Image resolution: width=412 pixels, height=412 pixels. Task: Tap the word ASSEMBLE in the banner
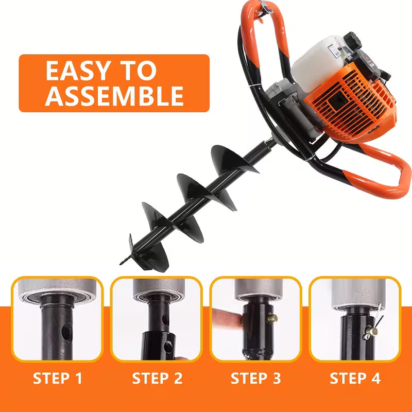[114, 96]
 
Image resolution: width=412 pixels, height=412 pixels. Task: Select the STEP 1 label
[58, 379]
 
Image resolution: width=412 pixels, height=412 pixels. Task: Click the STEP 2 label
[157, 379]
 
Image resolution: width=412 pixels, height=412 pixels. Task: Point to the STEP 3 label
[255, 379]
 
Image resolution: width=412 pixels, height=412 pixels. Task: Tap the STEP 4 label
[355, 379]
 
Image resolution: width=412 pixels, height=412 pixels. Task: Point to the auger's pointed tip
[123, 262]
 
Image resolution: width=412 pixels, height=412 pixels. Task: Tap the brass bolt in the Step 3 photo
[269, 320]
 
